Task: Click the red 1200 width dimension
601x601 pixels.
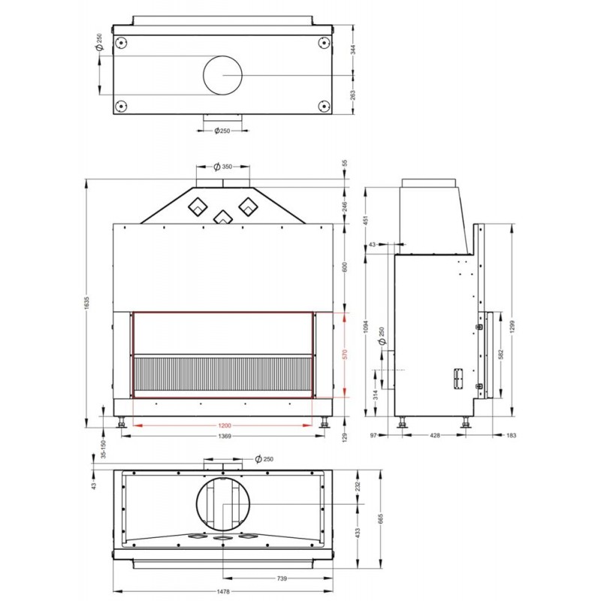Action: [225, 425]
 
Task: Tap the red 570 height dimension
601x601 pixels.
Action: [345, 354]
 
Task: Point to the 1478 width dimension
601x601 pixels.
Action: [223, 592]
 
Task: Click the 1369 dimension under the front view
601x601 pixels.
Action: [225, 436]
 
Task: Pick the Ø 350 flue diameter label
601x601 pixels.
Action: [223, 166]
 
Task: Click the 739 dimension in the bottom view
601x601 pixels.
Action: [282, 578]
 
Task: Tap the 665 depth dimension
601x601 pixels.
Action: [380, 518]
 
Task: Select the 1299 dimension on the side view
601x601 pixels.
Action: [513, 326]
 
